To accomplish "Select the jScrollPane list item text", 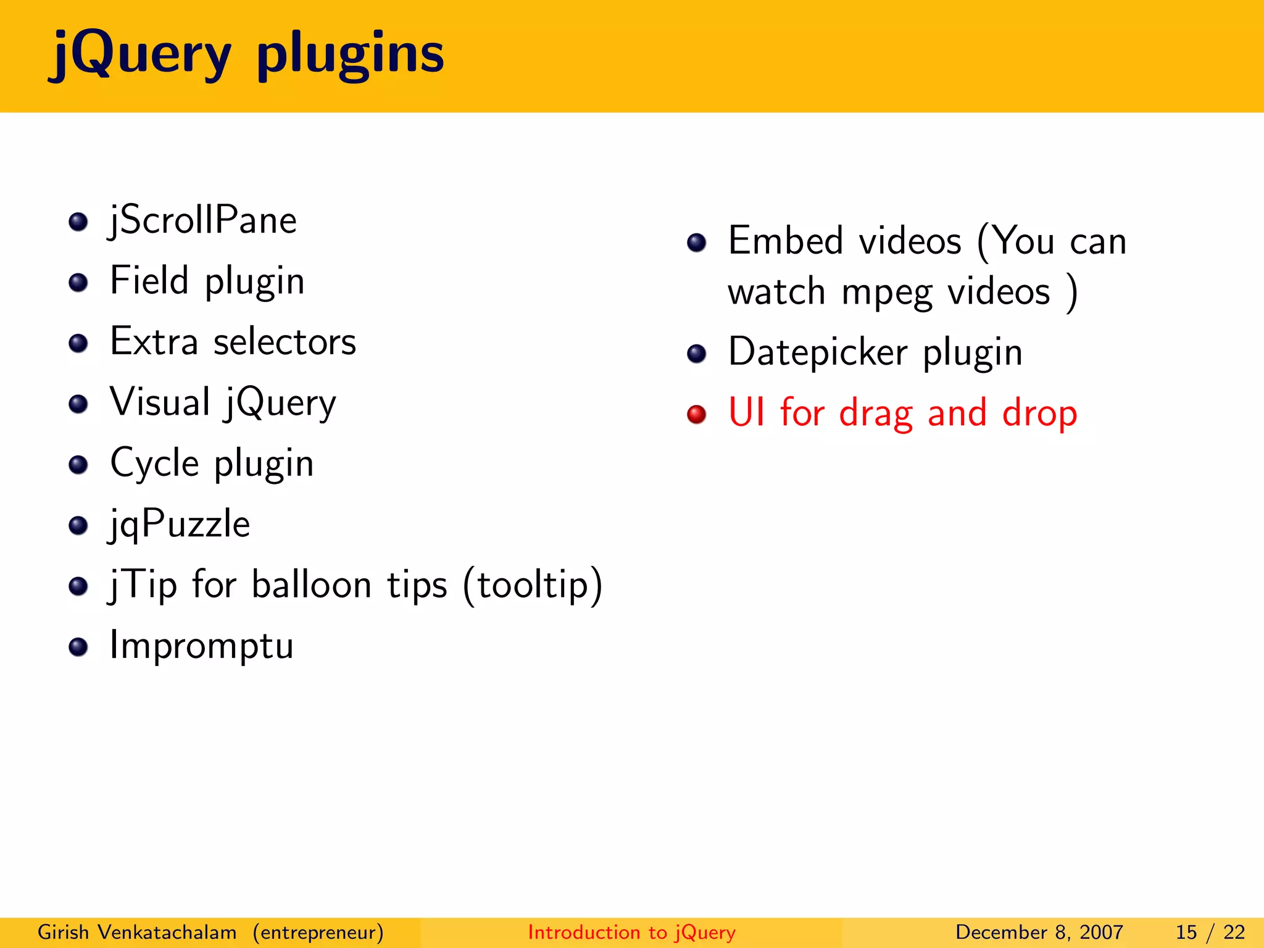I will pyautogui.click(x=202, y=220).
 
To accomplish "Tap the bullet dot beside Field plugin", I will pyautogui.click(x=78, y=283).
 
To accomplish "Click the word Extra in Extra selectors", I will pyautogui.click(x=154, y=341).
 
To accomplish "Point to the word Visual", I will pyautogui.click(x=160, y=402).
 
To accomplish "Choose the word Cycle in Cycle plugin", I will pyautogui.click(x=154, y=463).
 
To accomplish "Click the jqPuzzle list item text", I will pyautogui.click(x=179, y=524).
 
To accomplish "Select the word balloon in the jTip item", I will pyautogui.click(x=311, y=584).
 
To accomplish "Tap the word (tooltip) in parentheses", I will pyautogui.click(x=532, y=584).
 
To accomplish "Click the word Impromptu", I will pyautogui.click(x=201, y=646).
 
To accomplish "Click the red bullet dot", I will pyautogui.click(x=696, y=414).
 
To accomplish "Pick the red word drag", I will pyautogui.click(x=875, y=413).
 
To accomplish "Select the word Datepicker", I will pyautogui.click(x=817, y=352).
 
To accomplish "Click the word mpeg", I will pyautogui.click(x=886, y=292).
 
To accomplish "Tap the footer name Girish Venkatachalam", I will pyautogui.click(x=137, y=932).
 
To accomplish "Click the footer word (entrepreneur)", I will pyautogui.click(x=318, y=932).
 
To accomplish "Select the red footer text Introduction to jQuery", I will pyautogui.click(x=631, y=932).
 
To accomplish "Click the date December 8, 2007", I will pyautogui.click(x=1039, y=932).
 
